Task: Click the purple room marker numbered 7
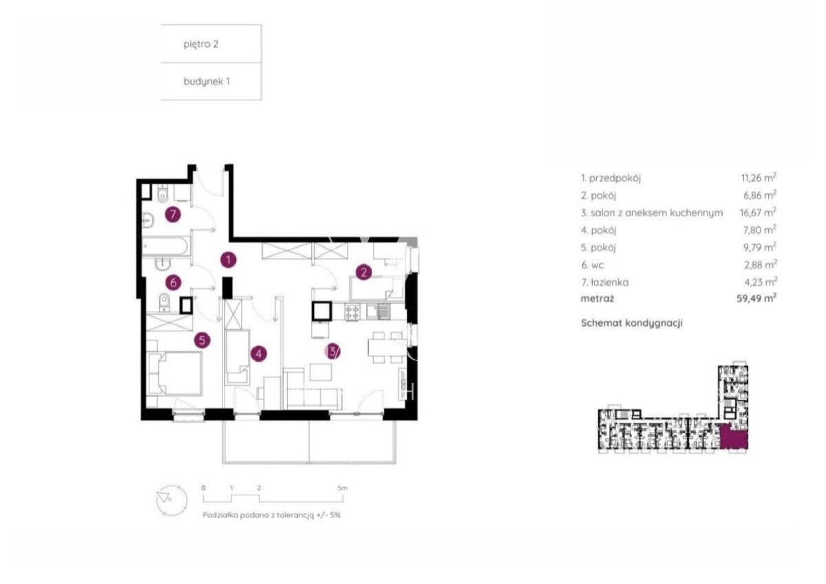pyautogui.click(x=173, y=214)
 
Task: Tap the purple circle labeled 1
pyautogui.click(x=229, y=260)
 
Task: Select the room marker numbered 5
pyautogui.click(x=202, y=340)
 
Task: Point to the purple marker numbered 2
pyautogui.click(x=363, y=272)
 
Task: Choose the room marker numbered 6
pyautogui.click(x=173, y=282)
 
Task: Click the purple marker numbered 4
pyautogui.click(x=259, y=354)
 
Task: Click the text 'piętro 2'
pyautogui.click(x=201, y=44)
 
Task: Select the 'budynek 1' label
pyautogui.click(x=206, y=81)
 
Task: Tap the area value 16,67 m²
pyautogui.click(x=758, y=212)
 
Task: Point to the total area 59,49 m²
pyautogui.click(x=756, y=298)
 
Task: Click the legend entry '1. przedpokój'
pyautogui.click(x=611, y=178)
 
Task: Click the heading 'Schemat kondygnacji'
pyautogui.click(x=632, y=323)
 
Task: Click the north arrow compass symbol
pyautogui.click(x=171, y=500)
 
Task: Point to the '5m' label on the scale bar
pyautogui.click(x=342, y=488)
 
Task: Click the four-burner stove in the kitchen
pyautogui.click(x=352, y=312)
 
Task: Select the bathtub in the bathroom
pyautogui.click(x=166, y=246)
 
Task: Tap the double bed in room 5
pyautogui.click(x=174, y=373)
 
